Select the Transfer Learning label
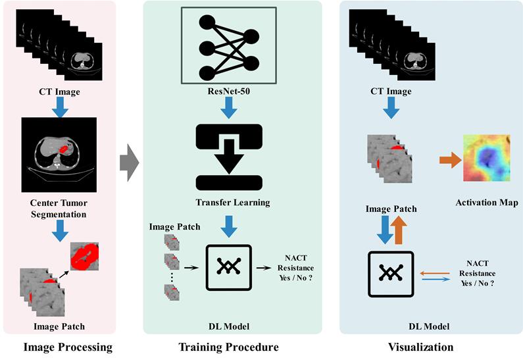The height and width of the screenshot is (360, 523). pyautogui.click(x=228, y=203)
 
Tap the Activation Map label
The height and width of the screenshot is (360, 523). pyautogui.click(x=486, y=203)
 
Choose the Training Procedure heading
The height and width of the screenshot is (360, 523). pyautogui.click(x=229, y=347)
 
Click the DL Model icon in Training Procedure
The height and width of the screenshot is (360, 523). pyautogui.click(x=228, y=267)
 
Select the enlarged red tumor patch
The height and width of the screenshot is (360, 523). pyautogui.click(x=85, y=257)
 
